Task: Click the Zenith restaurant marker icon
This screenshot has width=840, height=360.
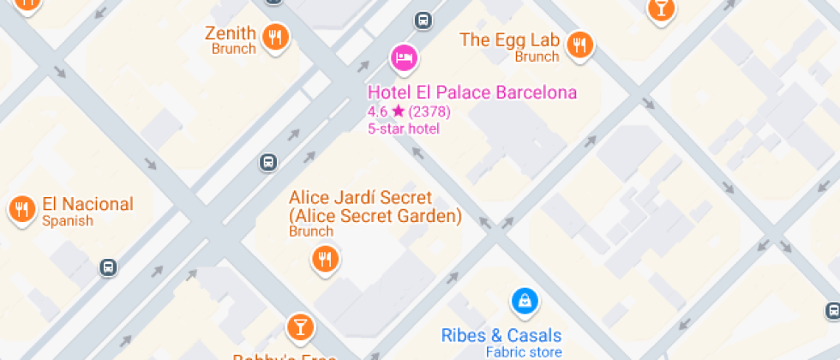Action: coord(275,36)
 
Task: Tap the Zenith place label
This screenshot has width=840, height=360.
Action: coord(230,33)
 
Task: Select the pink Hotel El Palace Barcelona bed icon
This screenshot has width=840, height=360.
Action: coord(404,57)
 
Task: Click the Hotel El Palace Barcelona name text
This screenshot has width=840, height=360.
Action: coord(471,93)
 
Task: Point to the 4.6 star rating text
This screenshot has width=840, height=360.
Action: coord(409,111)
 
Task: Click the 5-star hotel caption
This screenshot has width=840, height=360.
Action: coord(403,129)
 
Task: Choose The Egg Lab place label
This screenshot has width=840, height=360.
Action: coord(509,39)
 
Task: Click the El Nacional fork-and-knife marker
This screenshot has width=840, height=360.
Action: coord(21,207)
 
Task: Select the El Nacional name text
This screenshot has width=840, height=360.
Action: coord(87,204)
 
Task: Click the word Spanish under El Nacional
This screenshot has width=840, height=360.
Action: coord(68,221)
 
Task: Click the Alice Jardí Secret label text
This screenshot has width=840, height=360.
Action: coord(375,207)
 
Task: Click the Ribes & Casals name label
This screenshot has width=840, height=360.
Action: coord(501,335)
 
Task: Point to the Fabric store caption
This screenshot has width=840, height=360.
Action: coord(524,352)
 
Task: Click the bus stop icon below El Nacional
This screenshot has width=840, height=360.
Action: coord(108,267)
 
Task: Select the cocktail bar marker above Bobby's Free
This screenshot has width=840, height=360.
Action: coord(300,326)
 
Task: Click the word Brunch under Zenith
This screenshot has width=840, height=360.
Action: coord(234,50)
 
